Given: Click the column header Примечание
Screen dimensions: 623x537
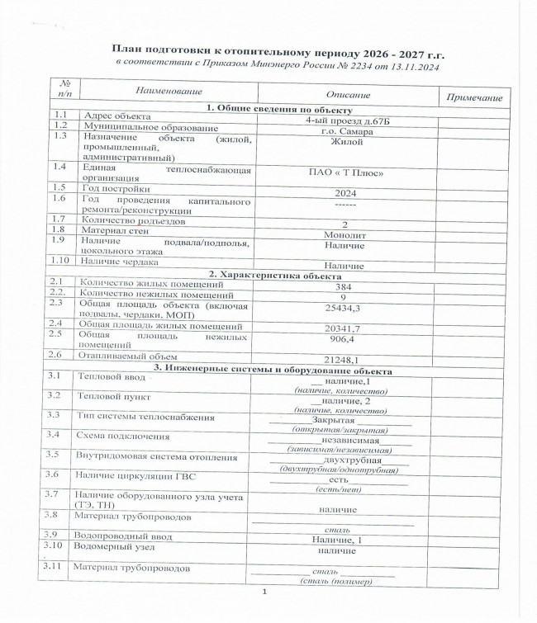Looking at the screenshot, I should (473, 98).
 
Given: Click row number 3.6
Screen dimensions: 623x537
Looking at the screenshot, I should (54, 474).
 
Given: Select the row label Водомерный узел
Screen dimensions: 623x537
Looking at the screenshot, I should (112, 546).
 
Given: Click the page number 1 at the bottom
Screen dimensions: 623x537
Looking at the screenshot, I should (265, 593).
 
